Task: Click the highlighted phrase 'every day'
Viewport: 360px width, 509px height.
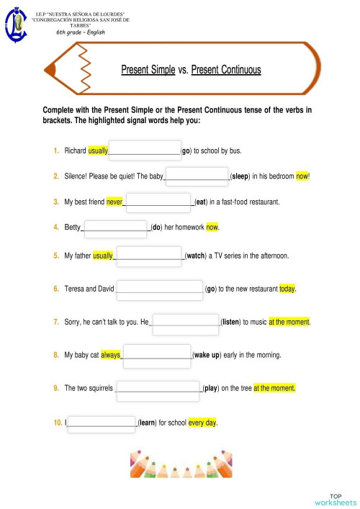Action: click(202, 423)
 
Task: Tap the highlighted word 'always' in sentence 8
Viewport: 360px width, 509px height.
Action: click(111, 355)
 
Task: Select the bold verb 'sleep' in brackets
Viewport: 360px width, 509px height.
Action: click(240, 176)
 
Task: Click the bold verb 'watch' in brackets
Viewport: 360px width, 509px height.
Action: click(196, 256)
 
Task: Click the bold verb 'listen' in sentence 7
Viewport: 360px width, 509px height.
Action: click(230, 322)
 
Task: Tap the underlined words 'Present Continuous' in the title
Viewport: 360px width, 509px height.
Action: click(226, 70)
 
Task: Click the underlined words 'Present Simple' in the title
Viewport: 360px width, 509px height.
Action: click(148, 70)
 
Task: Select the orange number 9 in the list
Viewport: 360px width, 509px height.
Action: click(56, 388)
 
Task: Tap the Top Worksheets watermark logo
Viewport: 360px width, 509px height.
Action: click(335, 499)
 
